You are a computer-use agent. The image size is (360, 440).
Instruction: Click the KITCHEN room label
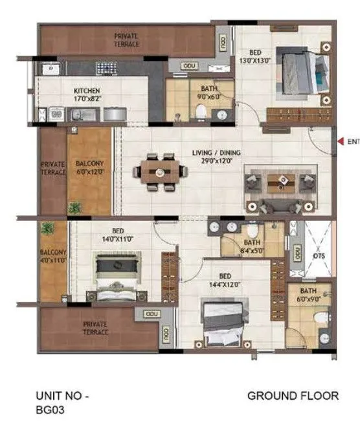pos(86,91)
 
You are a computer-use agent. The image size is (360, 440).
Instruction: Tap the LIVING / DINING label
pos(216,153)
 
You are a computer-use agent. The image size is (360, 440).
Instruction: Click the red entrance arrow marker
pos(339,141)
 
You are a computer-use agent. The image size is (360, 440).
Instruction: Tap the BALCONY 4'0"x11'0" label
pos(52,256)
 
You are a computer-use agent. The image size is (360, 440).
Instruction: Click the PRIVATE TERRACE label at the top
pos(127,40)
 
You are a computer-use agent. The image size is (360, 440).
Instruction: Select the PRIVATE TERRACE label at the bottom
pos(96,327)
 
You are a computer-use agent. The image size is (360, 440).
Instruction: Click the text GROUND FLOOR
pos(293,396)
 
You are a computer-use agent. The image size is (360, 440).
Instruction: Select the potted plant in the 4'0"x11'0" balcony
pos(47,229)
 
